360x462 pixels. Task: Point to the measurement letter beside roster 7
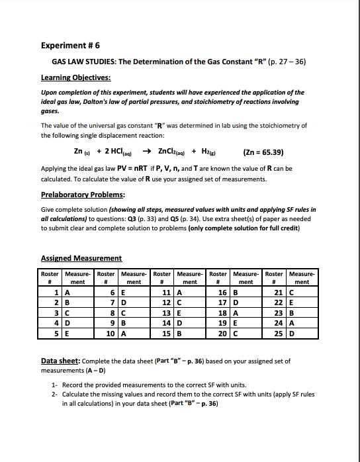(122, 302)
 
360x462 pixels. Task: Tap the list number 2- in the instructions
(55, 394)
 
